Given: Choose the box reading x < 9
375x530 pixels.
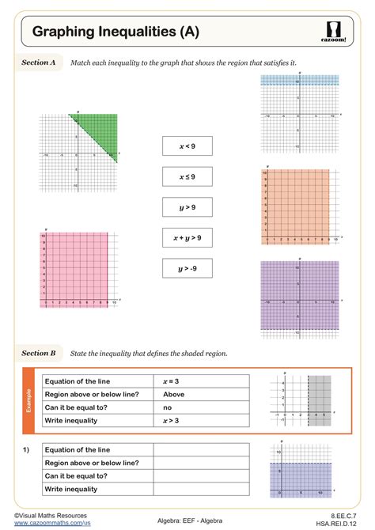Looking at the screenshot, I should tap(187, 146).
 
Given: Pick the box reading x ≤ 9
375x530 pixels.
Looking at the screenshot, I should tap(187, 176).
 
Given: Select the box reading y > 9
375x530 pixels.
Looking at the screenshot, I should tap(187, 207).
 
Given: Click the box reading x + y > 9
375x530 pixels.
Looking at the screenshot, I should tap(187, 237).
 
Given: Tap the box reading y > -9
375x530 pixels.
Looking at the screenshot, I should tap(187, 268).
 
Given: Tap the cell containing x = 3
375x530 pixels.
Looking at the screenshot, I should tap(201, 381).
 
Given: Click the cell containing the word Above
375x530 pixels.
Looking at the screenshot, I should tap(201, 394).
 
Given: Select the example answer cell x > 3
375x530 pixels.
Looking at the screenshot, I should tap(201, 420).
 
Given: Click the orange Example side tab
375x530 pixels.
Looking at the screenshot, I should tap(28, 400).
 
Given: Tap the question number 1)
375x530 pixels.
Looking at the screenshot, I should tap(26, 449).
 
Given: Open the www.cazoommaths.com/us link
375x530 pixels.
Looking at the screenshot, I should tap(52, 523).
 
